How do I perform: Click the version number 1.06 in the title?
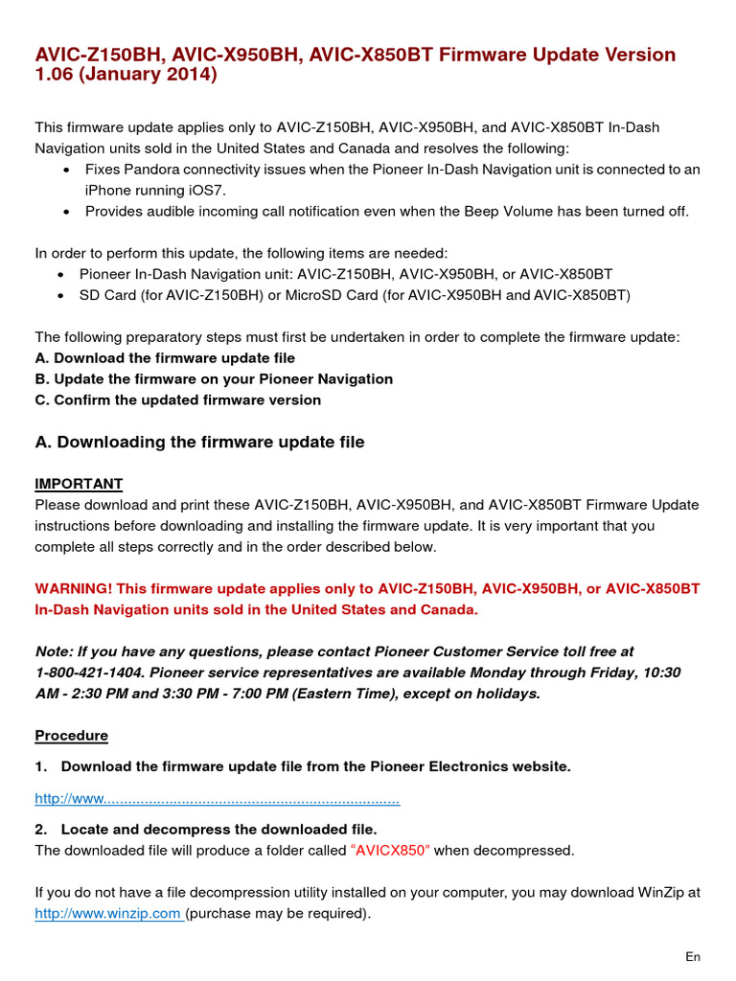pyautogui.click(x=56, y=75)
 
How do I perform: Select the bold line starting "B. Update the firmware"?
pyautogui.click(x=214, y=378)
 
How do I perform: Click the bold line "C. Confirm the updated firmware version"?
pyautogui.click(x=178, y=399)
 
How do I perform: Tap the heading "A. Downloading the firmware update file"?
pyautogui.click(x=199, y=442)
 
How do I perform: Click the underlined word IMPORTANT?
pyautogui.click(x=79, y=484)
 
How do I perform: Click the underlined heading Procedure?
pyautogui.click(x=72, y=736)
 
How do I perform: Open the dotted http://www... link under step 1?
pyautogui.click(x=217, y=798)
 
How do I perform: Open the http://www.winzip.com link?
pyautogui.click(x=107, y=913)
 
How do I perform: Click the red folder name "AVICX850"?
pyautogui.click(x=391, y=850)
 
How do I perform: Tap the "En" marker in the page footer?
pyautogui.click(x=693, y=957)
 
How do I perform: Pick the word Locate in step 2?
pyautogui.click(x=85, y=829)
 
